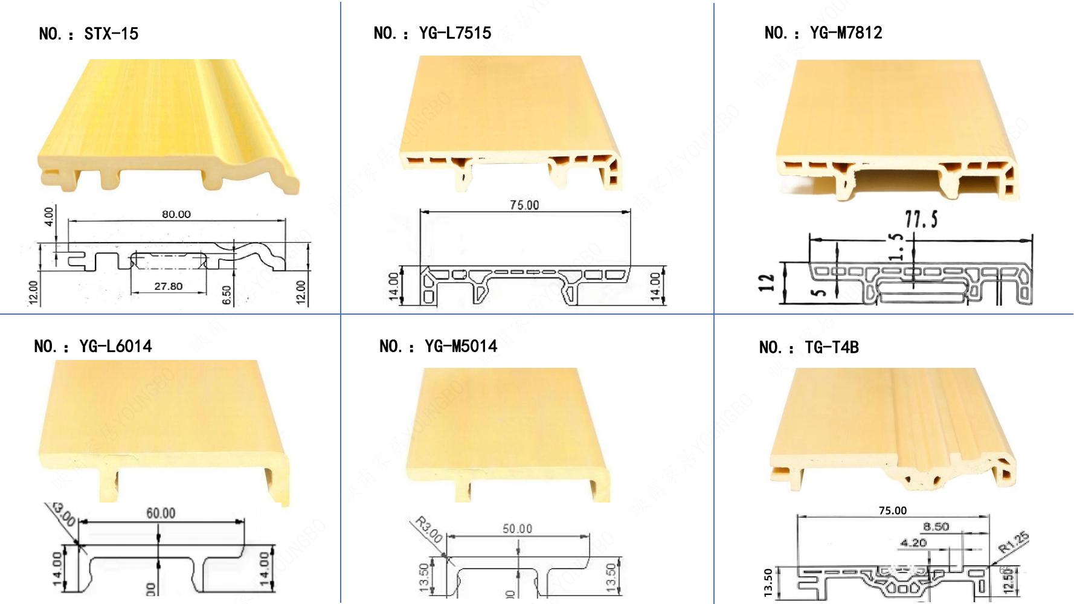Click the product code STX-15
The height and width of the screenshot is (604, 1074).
pos(111,34)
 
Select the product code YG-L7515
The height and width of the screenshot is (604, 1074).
pos(455,33)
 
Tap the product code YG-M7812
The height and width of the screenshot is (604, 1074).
pos(846,33)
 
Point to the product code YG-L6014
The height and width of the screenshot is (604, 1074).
pos(115,347)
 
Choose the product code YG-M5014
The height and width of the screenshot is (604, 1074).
pos(461,347)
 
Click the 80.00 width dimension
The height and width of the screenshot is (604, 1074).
pos(176,214)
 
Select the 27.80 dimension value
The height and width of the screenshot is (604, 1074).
pos(168,286)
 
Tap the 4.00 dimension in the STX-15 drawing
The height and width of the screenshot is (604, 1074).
pos(49,216)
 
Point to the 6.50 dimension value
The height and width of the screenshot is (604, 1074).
pos(227,295)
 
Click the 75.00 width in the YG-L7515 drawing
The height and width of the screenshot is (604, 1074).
pos(524,205)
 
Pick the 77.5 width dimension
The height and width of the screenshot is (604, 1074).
pos(921,219)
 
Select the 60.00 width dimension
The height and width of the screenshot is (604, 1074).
pos(161,513)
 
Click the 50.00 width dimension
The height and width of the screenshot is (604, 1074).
pos(518,529)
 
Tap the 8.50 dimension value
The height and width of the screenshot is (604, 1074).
pos(936,527)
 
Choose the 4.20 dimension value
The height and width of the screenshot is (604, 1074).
pos(913,543)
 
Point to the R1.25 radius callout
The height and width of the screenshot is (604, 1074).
pos(1013,542)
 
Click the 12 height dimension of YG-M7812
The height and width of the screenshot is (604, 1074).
pos(766,283)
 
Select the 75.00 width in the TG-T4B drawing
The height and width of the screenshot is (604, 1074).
pos(892,511)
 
